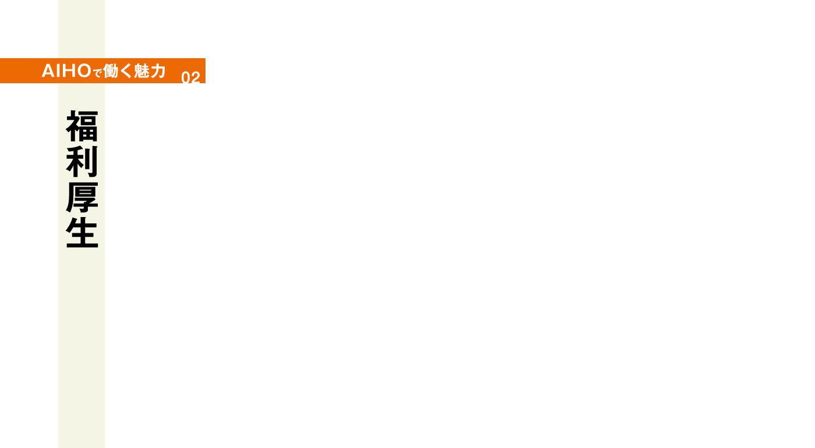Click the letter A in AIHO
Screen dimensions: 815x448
point(49,70)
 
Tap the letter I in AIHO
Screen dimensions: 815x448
point(59,70)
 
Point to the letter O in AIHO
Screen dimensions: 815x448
point(84,70)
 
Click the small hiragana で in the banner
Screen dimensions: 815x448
point(97,73)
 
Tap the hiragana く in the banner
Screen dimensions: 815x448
point(126,70)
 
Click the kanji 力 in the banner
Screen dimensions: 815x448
point(158,70)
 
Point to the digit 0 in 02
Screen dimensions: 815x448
point(186,77)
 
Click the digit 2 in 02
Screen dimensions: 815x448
point(196,77)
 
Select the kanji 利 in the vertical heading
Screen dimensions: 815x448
point(82,162)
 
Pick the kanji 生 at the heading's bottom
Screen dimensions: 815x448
point(82,232)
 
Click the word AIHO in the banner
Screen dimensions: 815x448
point(66,70)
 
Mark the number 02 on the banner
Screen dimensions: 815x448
point(191,77)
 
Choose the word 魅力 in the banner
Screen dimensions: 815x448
point(150,70)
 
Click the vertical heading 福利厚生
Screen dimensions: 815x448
point(82,179)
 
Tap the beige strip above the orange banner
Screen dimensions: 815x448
point(81,29)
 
